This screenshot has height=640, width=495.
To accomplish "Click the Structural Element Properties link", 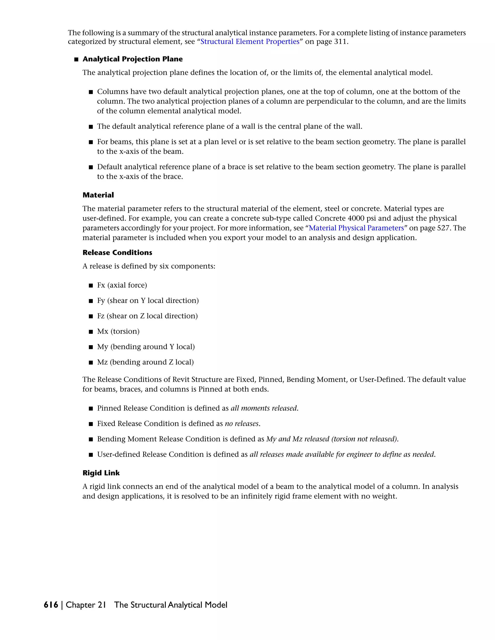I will (250, 42).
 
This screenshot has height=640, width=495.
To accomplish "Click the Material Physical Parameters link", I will (356, 228).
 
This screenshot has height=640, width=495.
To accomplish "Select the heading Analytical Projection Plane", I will (132, 59).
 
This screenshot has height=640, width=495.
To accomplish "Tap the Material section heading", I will (98, 195).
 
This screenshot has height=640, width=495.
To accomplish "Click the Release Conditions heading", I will (117, 253).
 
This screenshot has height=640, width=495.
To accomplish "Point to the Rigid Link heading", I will (101, 473).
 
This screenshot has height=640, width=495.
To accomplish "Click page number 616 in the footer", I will (51, 605).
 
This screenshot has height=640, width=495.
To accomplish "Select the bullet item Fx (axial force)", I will (122, 285).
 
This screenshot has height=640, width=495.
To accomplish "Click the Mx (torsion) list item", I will (118, 331).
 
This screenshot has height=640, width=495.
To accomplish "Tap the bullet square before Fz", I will (91, 316).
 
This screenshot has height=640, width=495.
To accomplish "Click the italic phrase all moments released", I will (264, 408).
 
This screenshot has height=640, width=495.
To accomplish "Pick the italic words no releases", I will (242, 424).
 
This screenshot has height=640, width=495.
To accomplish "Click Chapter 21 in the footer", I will (86, 605).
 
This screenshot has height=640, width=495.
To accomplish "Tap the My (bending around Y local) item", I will (146, 347).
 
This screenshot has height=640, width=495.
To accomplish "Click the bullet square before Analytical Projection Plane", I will (77, 59).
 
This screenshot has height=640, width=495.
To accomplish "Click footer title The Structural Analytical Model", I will (171, 605).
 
